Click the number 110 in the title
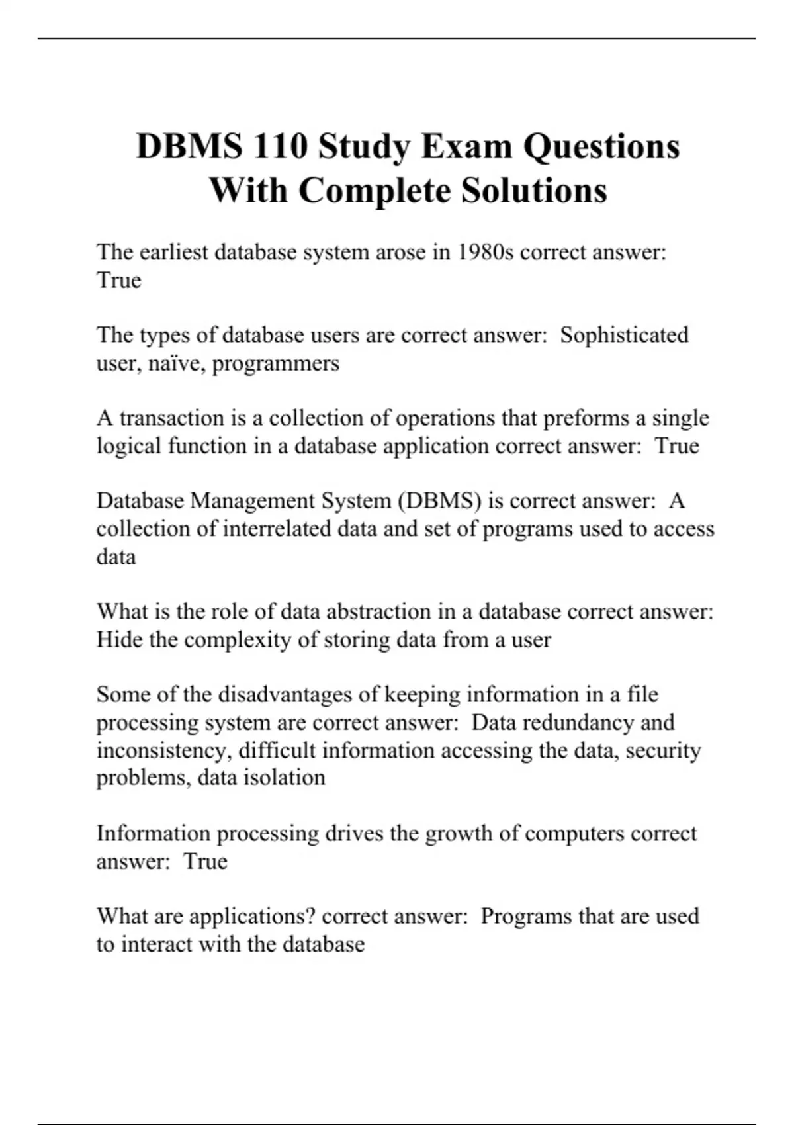pos(280,146)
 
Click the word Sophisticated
pos(624,335)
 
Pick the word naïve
pos(180,363)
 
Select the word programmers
pos(276,363)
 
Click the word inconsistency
pos(163,750)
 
